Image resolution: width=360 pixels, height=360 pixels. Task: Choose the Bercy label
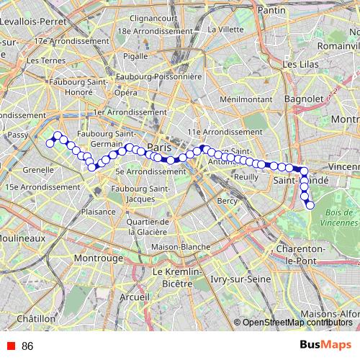(227, 201)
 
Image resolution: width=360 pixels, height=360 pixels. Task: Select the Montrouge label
(99, 257)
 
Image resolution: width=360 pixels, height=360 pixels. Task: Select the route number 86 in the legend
(27, 346)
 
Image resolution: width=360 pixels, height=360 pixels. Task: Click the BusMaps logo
(326, 345)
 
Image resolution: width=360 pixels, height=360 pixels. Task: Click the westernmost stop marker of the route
(50, 143)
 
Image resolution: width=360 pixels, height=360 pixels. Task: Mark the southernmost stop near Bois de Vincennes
(311, 206)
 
